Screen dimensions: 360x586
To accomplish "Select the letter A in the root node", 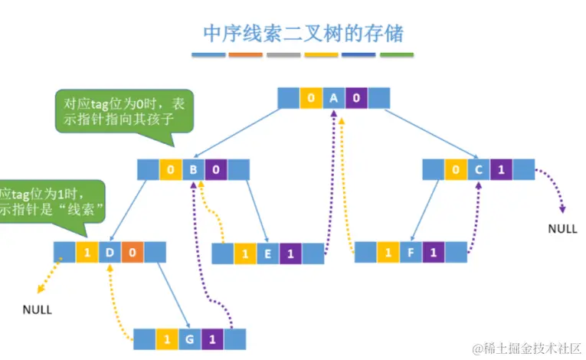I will [333, 98].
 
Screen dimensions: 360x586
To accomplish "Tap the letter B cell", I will [194, 169].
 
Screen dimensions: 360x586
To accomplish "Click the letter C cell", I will [478, 169].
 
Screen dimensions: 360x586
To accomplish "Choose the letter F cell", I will [411, 251].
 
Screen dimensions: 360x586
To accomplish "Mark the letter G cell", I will [189, 338].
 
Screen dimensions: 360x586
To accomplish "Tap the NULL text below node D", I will [37, 310].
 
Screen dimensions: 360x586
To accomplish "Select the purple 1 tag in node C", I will [501, 169].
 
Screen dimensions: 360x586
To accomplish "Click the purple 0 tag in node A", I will [356, 98].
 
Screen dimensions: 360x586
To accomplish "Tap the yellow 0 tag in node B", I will [171, 169].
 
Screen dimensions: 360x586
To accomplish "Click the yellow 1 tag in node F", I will [388, 251].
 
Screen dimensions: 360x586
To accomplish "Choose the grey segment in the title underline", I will [283, 55].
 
